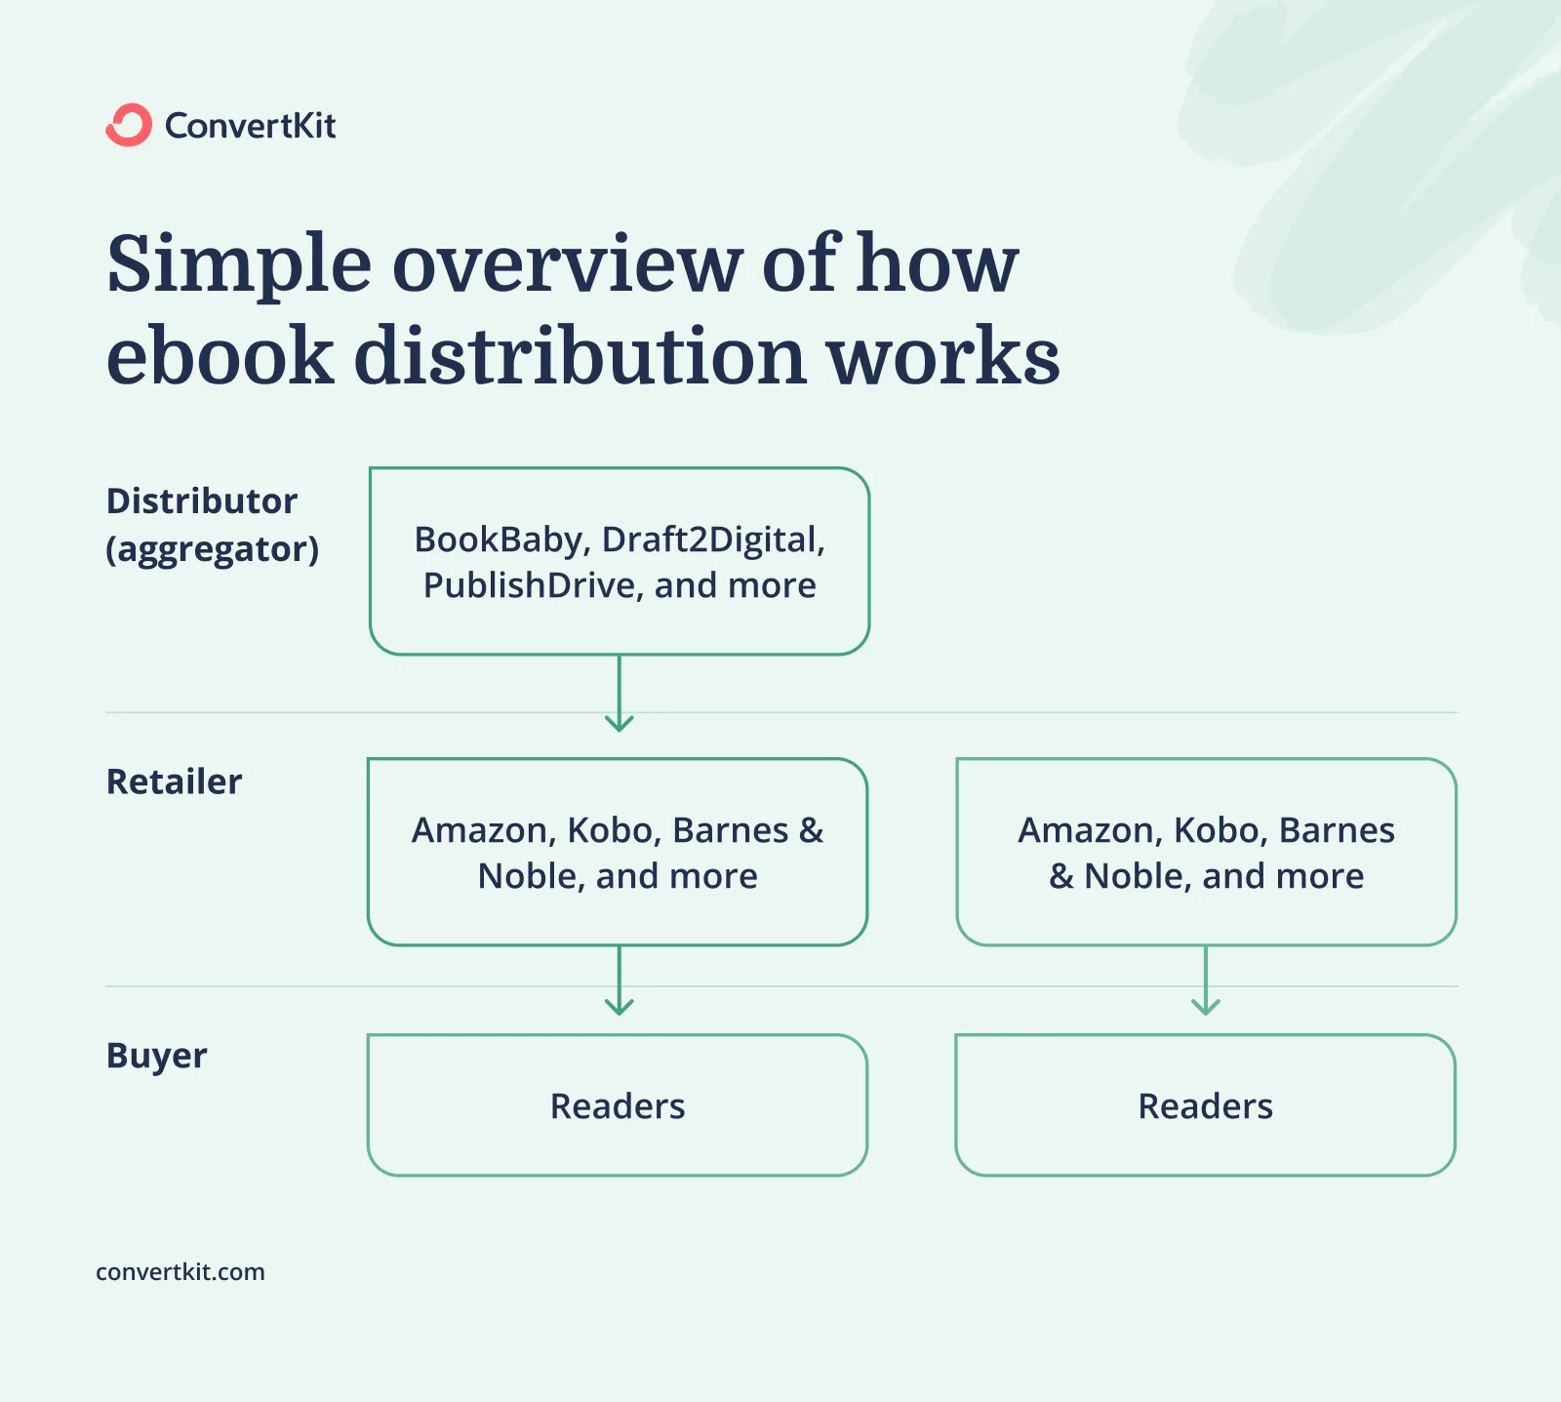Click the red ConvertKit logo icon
[x=129, y=125]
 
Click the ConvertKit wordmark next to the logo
[x=250, y=126]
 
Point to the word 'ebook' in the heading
[x=220, y=356]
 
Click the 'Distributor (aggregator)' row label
[x=211, y=525]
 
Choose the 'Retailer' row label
[x=174, y=781]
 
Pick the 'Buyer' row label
[x=156, y=1056]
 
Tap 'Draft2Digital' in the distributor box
[x=713, y=540]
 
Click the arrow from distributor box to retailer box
[x=620, y=695]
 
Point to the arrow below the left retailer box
[x=620, y=981]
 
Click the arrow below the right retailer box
[x=1206, y=981]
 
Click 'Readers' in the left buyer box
[x=618, y=1106]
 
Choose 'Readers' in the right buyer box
[x=1205, y=1106]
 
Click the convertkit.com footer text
[x=180, y=1272]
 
